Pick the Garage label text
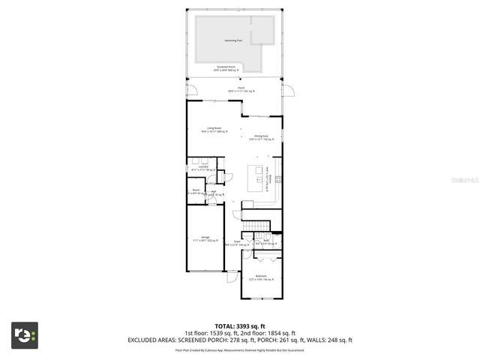(x=205, y=238)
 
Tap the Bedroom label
(x=260, y=277)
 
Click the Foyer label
(x=236, y=242)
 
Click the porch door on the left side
(x=192, y=91)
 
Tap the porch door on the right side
(x=288, y=91)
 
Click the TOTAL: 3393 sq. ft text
(x=240, y=326)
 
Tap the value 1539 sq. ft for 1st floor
(x=223, y=333)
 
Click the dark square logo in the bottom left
(x=24, y=335)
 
